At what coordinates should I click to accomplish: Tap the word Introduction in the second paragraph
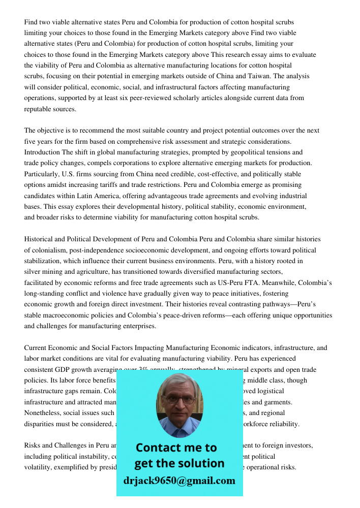pos(42,152)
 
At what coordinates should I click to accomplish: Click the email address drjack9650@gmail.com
pos(179,481)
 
